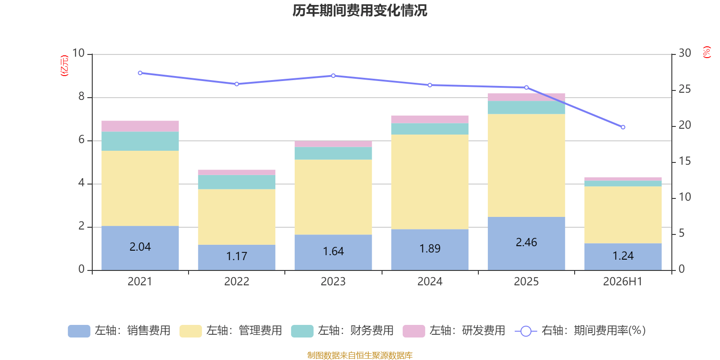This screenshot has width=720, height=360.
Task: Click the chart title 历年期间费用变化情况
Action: tap(360, 11)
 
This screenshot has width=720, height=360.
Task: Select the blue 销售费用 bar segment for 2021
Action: tap(140, 248)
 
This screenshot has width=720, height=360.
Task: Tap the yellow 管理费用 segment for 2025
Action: tap(526, 166)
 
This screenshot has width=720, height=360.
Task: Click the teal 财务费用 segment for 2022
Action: tap(237, 182)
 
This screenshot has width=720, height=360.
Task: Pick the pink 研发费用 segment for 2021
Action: tap(140, 126)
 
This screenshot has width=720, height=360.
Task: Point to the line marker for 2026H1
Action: tap(623, 127)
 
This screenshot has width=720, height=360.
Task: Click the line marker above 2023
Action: tap(333, 76)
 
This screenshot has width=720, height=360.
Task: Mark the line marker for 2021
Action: tap(140, 73)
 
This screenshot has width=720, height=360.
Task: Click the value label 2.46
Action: tap(526, 243)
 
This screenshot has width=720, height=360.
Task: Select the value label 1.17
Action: tap(237, 256)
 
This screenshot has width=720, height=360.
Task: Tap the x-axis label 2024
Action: tap(430, 282)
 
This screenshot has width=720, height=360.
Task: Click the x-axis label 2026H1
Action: tap(623, 282)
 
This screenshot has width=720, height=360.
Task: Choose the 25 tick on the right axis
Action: tap(684, 89)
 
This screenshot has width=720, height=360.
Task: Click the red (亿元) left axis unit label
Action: tap(64, 66)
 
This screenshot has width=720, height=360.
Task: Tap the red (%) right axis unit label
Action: tap(706, 52)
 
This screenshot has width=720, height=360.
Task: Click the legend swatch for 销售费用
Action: tap(79, 331)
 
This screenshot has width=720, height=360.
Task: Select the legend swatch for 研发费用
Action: tap(414, 331)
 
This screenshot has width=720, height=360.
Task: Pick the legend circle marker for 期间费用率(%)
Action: tap(526, 331)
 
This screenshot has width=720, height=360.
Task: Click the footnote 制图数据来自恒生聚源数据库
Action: tap(360, 355)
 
